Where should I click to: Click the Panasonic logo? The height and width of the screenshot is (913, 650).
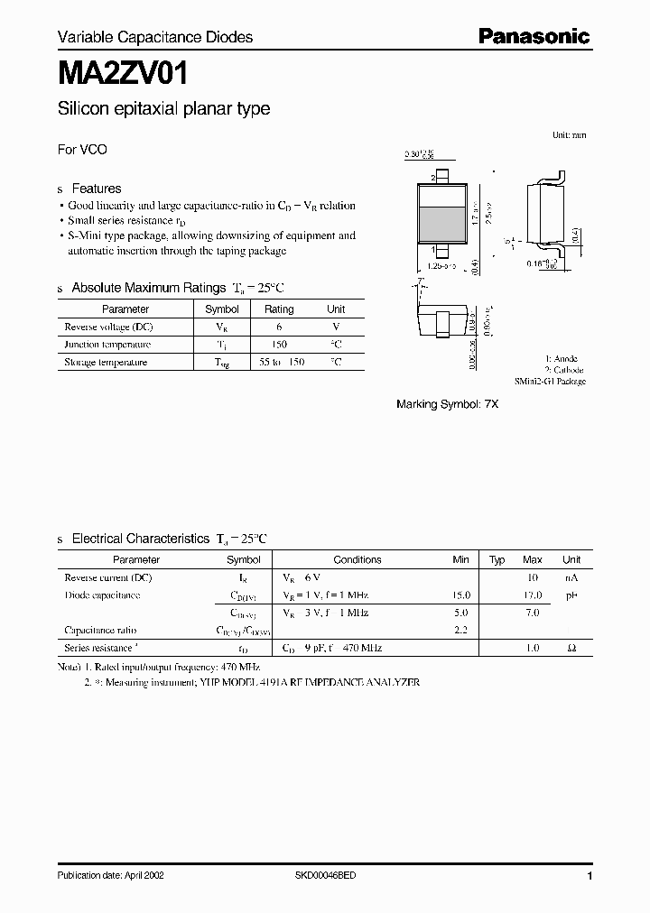533,36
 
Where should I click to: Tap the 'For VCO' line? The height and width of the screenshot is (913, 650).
82,150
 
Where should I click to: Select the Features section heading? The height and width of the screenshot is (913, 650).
96,189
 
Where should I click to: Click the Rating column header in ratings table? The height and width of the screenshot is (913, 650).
278,309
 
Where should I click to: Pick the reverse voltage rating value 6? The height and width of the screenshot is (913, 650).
279,327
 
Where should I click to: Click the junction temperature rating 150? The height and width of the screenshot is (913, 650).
278,345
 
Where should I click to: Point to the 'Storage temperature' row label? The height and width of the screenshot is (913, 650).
106,362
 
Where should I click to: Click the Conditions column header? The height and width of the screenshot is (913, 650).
357,559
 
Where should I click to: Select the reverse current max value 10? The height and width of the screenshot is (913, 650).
533,577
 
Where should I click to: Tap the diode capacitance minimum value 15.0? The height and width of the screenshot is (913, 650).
460,595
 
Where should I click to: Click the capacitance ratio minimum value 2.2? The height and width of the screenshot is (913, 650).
460,630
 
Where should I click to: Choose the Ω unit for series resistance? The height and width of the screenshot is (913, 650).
571,648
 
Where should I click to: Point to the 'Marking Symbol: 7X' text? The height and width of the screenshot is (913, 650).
447,405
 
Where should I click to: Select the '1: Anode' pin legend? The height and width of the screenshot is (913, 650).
561,358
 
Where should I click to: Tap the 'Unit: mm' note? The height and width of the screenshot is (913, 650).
569,134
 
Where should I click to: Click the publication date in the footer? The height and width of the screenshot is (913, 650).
110,876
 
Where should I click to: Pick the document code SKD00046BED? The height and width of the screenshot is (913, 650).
325,876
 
